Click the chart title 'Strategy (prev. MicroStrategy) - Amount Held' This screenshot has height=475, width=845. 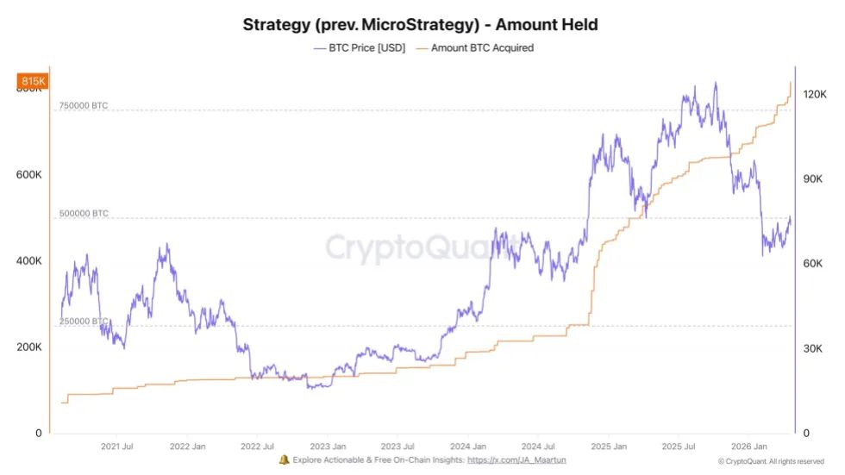tap(420, 25)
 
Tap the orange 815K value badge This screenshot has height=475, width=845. tap(32, 81)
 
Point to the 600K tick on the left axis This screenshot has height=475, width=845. tap(29, 175)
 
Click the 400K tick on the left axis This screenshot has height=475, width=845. tap(29, 261)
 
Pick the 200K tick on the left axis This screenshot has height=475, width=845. tap(29, 347)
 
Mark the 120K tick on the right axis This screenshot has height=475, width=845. tap(816, 95)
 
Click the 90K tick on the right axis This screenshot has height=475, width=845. tap(813, 179)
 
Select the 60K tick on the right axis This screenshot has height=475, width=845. tap(813, 264)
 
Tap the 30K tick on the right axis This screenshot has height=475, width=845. tap(813, 349)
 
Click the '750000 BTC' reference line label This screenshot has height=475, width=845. tap(84, 106)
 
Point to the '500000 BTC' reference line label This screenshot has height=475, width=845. tap(84, 214)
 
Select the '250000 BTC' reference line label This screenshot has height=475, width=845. tap(84, 322)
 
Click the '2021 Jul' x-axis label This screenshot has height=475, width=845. tap(116, 447)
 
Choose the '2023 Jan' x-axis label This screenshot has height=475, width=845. tap(328, 447)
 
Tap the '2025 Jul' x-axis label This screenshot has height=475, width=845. tap(679, 447)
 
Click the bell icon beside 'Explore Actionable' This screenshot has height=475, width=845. tap(285, 461)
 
